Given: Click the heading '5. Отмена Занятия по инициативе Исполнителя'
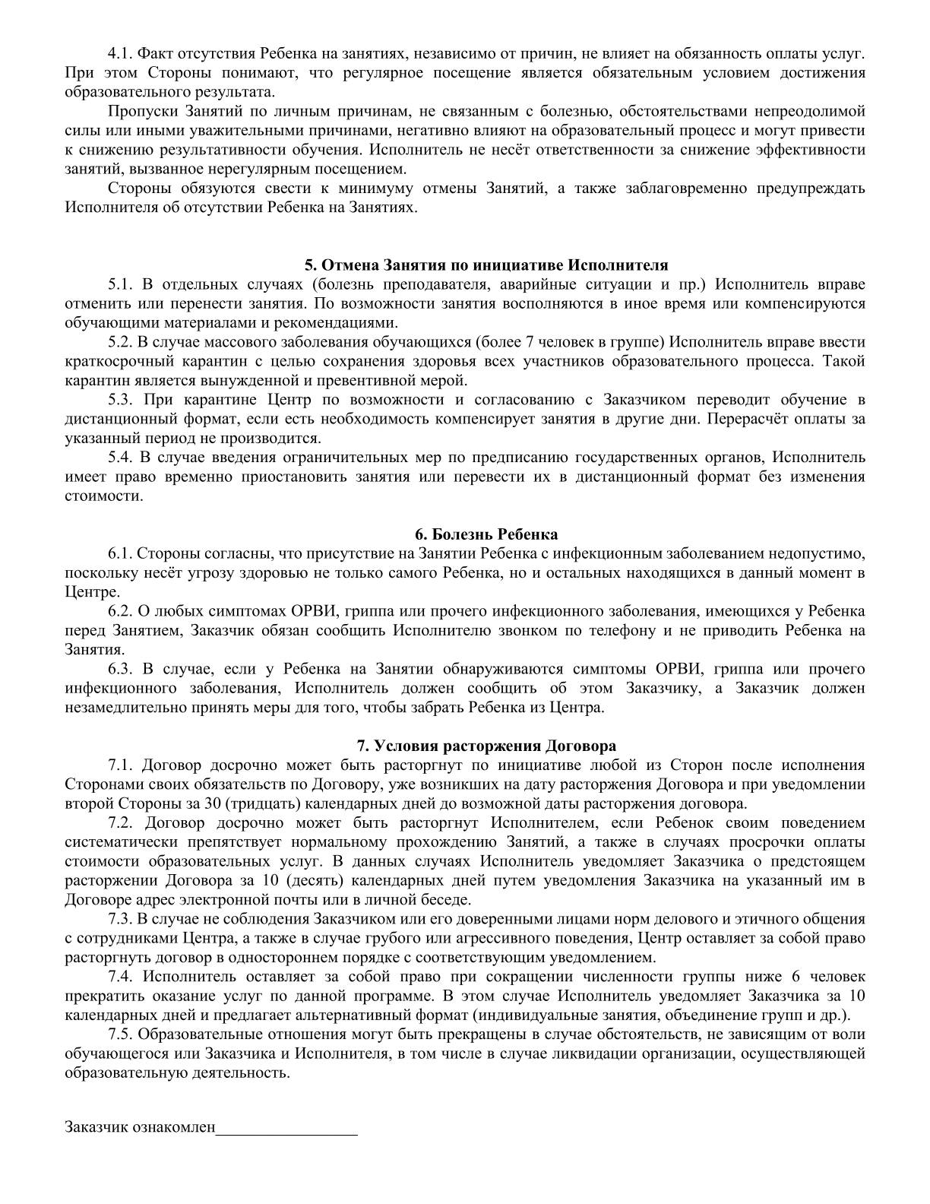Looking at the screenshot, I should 486,265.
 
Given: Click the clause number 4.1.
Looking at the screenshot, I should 121,54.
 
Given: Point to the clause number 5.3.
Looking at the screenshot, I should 121,400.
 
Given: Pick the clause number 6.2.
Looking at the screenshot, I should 121,611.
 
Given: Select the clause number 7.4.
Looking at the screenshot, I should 122,977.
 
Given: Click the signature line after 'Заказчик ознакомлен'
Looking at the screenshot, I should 286,1127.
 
